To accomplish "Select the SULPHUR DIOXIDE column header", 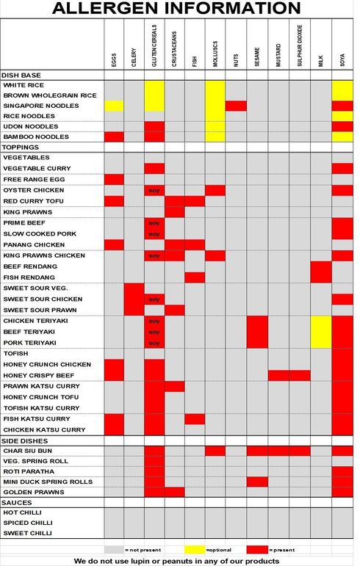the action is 300,46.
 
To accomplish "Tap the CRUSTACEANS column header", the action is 174,49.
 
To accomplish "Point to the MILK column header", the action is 320,61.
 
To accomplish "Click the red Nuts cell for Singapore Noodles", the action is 236,106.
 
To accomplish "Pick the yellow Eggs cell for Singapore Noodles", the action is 114,106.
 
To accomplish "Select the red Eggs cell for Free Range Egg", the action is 114,179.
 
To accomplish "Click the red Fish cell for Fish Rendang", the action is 195,277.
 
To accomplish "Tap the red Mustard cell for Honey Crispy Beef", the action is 278,375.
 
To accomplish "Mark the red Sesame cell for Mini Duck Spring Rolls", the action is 257,482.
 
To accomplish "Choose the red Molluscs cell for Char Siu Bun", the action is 215,451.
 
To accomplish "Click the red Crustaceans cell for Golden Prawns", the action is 175,492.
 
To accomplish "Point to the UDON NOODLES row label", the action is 31,126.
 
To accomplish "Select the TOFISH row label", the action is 15,353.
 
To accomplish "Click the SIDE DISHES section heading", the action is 24,440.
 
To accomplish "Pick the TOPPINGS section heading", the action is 21,148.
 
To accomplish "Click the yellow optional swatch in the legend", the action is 195,550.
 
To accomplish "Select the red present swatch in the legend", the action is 257,550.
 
